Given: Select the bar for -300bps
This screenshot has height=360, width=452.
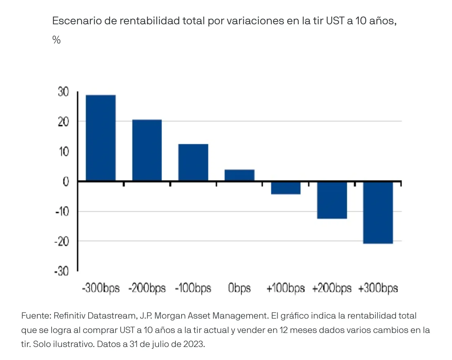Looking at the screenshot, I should (101, 138).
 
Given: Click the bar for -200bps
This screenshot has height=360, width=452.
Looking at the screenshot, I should (147, 150).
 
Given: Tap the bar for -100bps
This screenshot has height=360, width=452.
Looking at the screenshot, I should (193, 162).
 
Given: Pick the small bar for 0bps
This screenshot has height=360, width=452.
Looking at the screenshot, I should (239, 175).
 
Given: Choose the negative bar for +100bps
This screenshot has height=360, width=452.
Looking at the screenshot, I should (286, 188).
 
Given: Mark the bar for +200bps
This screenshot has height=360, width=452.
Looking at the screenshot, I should (332, 200).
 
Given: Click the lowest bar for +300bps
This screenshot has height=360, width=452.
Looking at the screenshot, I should (378, 213).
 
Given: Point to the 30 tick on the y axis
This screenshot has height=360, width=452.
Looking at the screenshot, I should (63, 92).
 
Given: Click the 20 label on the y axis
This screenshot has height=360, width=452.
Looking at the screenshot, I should (63, 121).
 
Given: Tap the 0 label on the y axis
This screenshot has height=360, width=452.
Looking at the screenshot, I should (66, 181).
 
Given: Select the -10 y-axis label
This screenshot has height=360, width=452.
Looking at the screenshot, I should (62, 211).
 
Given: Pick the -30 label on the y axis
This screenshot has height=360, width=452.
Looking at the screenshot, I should (62, 271).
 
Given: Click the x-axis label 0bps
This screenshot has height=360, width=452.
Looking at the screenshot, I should (239, 288).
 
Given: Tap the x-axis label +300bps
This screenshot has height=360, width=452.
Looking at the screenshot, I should (378, 288).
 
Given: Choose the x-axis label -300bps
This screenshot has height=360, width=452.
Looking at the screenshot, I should (101, 288).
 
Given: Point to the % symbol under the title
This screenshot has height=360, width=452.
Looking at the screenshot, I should (56, 40).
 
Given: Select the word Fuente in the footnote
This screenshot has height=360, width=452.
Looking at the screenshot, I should (35, 316).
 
